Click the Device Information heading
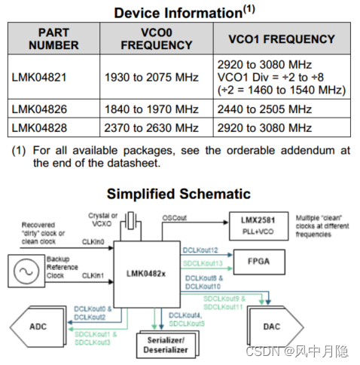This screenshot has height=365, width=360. pyautogui.click(x=180, y=13)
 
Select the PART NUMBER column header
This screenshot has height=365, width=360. pyautogui.click(x=55, y=39)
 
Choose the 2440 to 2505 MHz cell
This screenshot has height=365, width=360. pyautogui.click(x=264, y=112)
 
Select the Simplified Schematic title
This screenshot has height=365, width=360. pyautogui.click(x=178, y=194)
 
